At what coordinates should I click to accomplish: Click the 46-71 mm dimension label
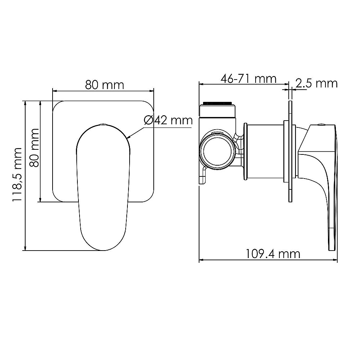(x=248, y=79)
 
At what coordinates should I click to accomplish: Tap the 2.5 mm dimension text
(x=316, y=84)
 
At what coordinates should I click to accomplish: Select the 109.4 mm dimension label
(x=273, y=254)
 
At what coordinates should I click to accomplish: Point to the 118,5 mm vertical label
(x=17, y=175)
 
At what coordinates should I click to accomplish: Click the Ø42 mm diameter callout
(x=168, y=120)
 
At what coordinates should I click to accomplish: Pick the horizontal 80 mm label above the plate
(x=104, y=85)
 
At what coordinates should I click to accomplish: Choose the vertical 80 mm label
(x=35, y=148)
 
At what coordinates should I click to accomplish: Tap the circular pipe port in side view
(x=217, y=151)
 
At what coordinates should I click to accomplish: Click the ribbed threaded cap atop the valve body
(x=217, y=103)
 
